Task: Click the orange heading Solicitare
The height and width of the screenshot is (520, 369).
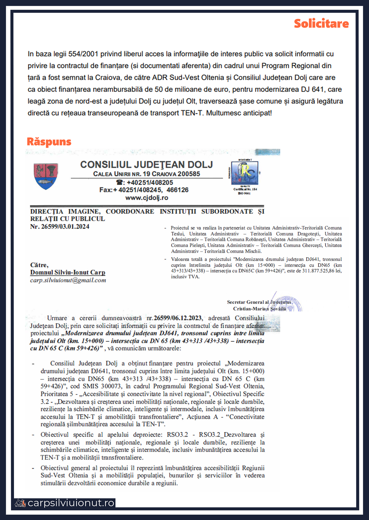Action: coord(321,24)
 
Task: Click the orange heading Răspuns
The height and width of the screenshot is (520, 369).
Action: coord(49,142)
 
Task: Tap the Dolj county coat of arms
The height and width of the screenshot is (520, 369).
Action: coord(46,176)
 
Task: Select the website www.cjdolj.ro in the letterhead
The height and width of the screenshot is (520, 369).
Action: coord(147,198)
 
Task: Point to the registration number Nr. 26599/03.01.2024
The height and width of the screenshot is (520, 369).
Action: coord(60,227)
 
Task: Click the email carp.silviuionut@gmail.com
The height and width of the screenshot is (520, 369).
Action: coord(68,280)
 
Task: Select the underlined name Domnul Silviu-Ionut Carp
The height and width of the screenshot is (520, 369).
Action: coord(68,273)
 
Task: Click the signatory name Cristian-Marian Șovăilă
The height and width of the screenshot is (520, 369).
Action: coord(259,309)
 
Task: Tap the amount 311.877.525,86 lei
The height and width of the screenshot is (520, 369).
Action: coord(322,271)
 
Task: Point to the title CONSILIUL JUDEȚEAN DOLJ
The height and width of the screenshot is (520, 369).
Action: coord(147,165)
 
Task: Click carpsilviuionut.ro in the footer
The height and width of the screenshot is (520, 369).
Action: coord(71,503)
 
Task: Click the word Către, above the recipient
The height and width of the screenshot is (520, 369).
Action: coord(39,265)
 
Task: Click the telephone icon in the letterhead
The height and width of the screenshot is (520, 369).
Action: coord(119,182)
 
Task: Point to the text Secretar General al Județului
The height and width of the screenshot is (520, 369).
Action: coord(259,302)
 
